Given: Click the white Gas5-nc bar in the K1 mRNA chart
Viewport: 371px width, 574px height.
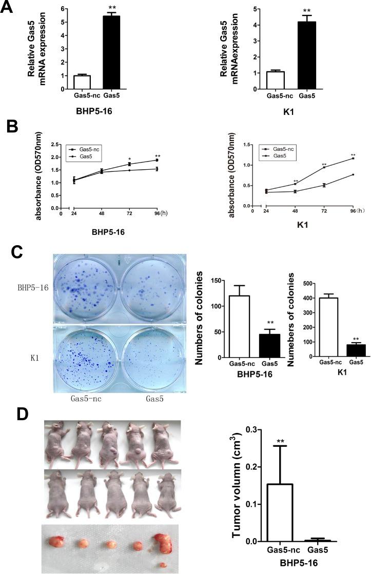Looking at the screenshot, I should (x=275, y=80).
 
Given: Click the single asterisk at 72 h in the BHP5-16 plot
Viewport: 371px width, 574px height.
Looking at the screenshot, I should (x=129, y=159).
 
